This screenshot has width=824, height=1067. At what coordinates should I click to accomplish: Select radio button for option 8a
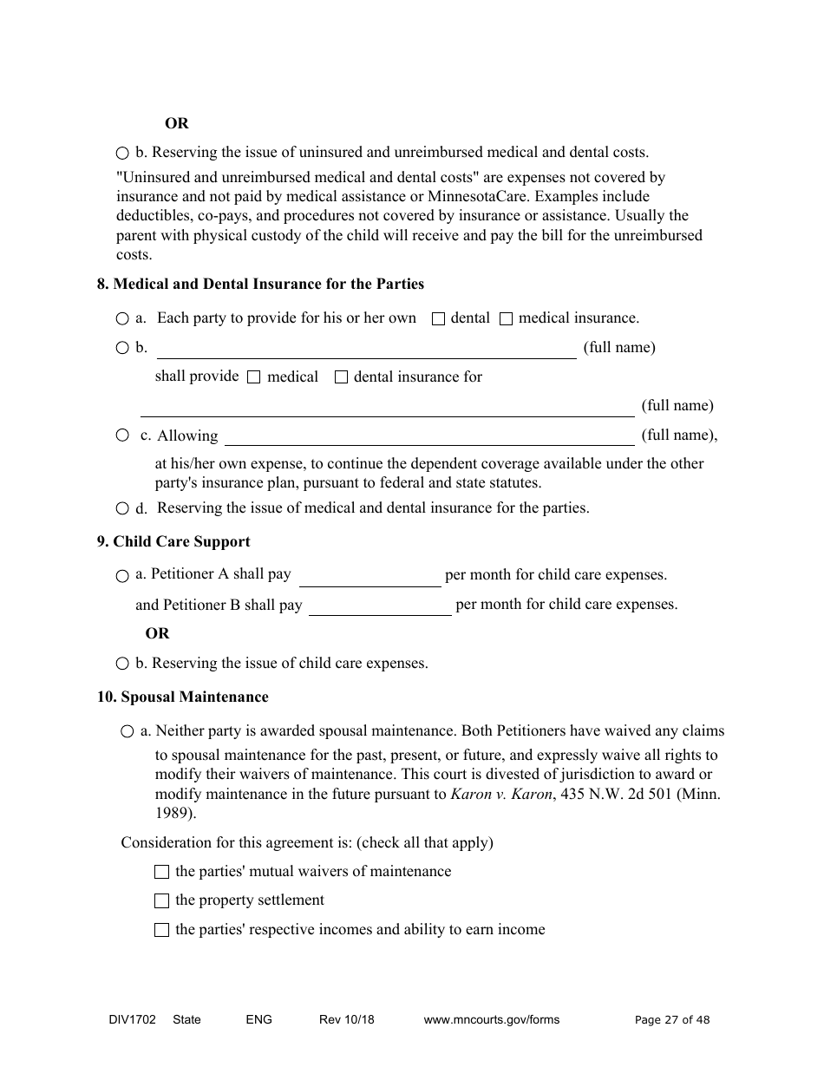[x=122, y=319]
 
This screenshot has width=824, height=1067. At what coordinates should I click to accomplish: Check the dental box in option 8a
[x=438, y=319]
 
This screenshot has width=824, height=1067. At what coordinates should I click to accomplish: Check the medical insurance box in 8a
[x=507, y=319]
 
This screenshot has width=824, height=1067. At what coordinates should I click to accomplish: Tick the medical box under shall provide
[x=254, y=377]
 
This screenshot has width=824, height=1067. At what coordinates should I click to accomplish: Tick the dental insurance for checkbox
[x=341, y=377]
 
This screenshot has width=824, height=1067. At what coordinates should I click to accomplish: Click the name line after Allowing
[x=429, y=436]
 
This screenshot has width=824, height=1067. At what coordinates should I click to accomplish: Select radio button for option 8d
[x=122, y=508]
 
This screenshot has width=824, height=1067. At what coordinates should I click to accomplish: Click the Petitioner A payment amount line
[x=370, y=577]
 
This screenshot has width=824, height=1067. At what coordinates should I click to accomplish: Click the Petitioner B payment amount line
[x=380, y=606]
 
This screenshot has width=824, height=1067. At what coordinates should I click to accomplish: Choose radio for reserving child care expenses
[x=122, y=664]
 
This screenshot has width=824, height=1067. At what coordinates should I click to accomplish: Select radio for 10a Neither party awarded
[x=128, y=732]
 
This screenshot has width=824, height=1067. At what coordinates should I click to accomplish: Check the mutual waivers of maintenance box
[x=161, y=872]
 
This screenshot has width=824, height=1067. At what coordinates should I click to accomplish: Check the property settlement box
[x=161, y=901]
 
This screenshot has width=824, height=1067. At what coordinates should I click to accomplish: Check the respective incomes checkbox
[x=161, y=930]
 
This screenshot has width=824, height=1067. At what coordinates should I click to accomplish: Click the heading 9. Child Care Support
[x=173, y=542]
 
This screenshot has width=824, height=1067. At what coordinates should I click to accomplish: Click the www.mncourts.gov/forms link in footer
[x=491, y=1020]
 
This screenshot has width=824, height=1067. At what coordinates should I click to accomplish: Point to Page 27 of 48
[x=672, y=1020]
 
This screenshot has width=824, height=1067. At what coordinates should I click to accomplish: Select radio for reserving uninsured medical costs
[x=122, y=154]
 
